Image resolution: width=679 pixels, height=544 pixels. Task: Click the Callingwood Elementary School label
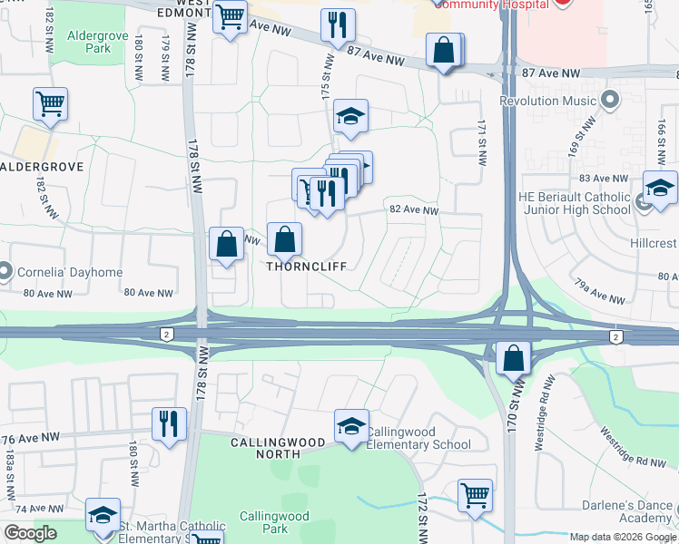tap(418, 438)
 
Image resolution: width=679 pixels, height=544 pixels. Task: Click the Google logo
tap(30, 533)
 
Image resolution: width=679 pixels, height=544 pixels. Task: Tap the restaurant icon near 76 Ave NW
tap(169, 424)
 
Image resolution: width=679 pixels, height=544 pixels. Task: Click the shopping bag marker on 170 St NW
tap(514, 358)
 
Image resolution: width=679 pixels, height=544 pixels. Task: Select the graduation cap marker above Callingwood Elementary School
tap(351, 425)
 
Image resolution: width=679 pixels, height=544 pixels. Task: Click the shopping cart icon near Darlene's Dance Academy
tap(475, 496)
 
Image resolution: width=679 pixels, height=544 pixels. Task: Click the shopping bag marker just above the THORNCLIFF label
tap(285, 239)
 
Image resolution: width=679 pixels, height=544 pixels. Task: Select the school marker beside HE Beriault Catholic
tap(660, 188)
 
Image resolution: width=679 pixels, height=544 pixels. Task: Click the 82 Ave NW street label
tap(414, 210)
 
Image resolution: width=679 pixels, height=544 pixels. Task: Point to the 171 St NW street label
tap(481, 145)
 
